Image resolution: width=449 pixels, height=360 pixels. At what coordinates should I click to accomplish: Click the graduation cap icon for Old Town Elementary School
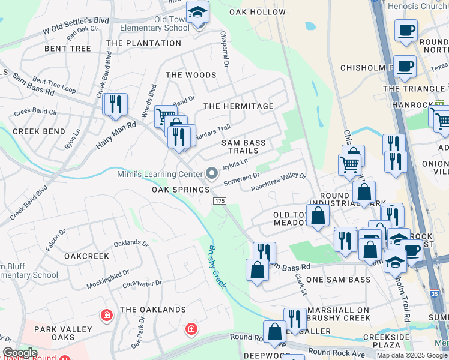197,12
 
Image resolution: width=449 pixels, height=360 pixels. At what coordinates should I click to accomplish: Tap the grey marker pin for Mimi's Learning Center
211,173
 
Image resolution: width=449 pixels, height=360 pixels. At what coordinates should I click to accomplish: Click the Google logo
19,353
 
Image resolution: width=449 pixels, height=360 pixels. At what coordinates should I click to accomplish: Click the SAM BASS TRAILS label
243,146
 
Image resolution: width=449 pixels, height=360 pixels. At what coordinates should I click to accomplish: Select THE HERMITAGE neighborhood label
238,106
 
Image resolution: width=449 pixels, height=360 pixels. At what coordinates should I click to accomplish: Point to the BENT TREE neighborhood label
68,49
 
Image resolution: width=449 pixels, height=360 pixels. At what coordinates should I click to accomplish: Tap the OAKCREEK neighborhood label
87,256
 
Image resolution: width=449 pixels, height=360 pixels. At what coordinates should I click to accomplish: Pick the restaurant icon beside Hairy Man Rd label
115,104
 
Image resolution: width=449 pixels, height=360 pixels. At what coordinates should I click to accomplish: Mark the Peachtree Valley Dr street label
279,182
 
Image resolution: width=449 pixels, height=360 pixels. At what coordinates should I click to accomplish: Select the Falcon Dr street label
56,240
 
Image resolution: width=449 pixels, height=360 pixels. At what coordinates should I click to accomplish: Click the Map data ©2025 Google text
411,355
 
